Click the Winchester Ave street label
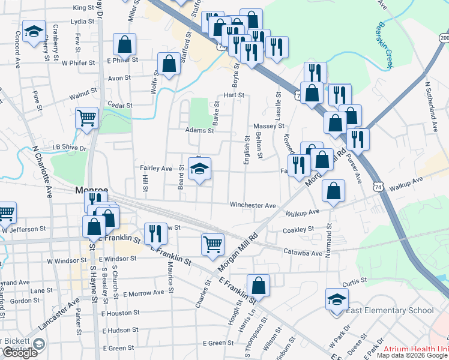tap(253, 205)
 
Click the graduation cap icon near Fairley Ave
tap(200, 168)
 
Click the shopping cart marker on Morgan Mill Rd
tap(212, 244)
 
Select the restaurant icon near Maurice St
tap(155, 233)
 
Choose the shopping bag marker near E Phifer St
tap(124, 43)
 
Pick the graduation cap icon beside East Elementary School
tap(337, 298)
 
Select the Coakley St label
tap(298, 229)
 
